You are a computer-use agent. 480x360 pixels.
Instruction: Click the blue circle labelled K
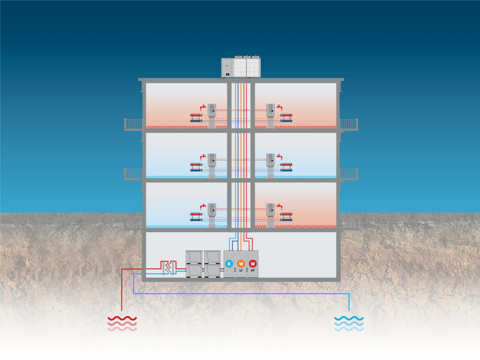(229, 264)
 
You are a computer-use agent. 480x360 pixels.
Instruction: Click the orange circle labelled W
(241, 264)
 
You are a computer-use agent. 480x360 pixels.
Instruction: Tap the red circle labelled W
(253, 264)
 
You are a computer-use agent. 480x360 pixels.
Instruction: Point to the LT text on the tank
(241, 271)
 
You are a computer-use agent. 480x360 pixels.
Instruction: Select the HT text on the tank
(253, 271)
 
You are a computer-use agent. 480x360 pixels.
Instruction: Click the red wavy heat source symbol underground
(122, 324)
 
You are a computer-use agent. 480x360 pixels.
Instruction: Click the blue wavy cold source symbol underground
(349, 324)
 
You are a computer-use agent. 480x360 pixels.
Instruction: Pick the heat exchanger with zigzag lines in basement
(168, 267)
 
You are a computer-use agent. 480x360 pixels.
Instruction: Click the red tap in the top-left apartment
(203, 107)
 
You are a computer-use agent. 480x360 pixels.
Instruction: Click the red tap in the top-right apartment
(279, 107)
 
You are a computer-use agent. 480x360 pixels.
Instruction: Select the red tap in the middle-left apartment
(203, 157)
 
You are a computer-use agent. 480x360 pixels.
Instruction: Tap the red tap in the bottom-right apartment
(279, 206)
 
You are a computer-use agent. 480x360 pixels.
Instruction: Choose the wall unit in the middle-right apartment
(270, 160)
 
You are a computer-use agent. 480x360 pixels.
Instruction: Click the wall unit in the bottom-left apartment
(211, 210)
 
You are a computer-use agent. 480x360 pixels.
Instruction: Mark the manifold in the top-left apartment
(196, 118)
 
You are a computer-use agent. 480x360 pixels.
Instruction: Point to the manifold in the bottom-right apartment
(286, 217)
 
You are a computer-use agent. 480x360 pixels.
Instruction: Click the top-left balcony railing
(133, 124)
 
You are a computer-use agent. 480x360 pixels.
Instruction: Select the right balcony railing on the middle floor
(349, 174)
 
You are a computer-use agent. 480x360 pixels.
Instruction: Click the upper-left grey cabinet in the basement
(194, 257)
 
